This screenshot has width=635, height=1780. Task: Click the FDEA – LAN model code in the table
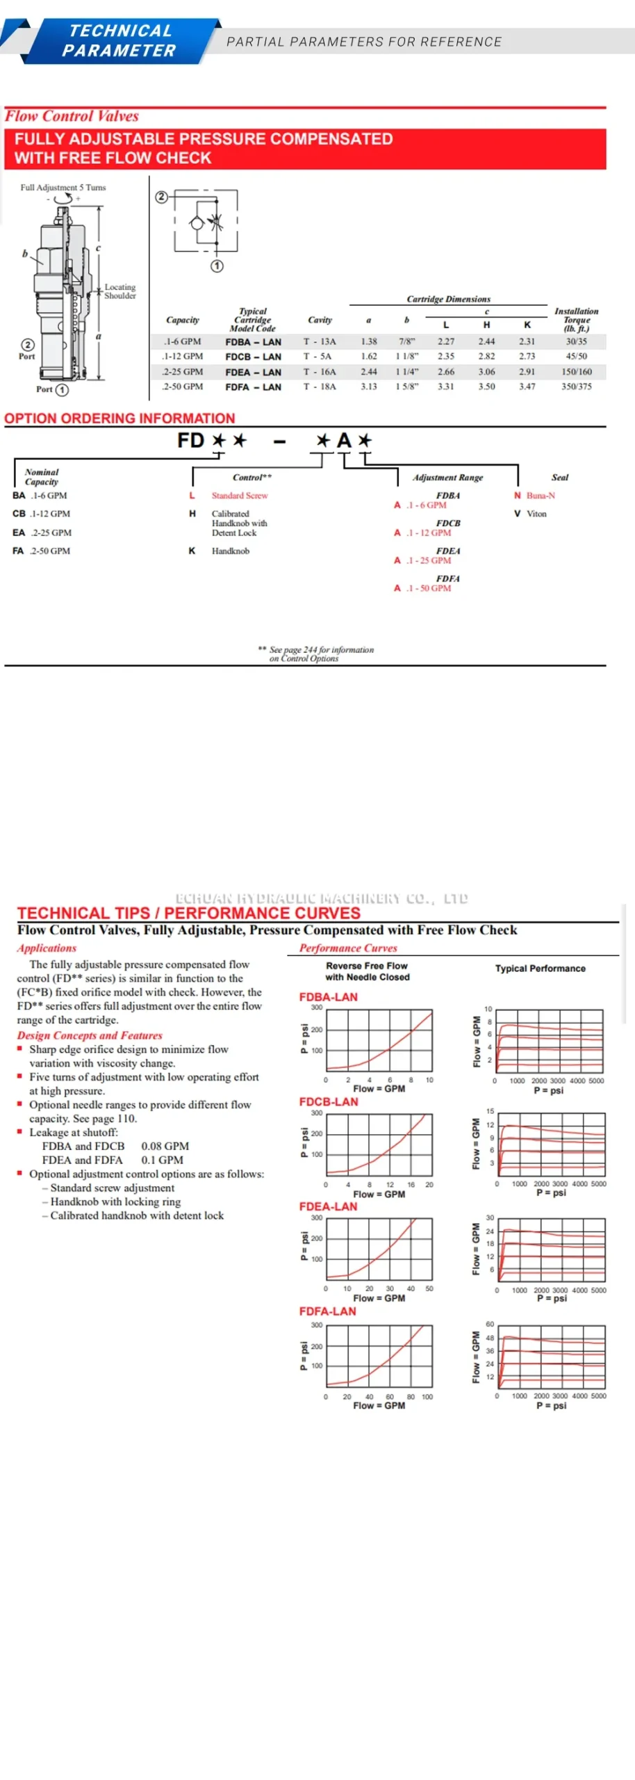click(x=253, y=372)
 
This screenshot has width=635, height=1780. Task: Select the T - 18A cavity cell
click(x=319, y=387)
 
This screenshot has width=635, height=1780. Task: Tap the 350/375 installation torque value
click(x=577, y=387)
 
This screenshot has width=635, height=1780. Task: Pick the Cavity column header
click(x=320, y=320)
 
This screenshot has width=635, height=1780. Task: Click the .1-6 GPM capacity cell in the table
click(x=182, y=341)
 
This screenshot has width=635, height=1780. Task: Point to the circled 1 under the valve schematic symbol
click(x=217, y=266)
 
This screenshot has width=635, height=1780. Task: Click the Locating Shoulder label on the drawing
click(x=120, y=291)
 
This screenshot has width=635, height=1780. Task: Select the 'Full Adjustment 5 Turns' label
click(x=63, y=188)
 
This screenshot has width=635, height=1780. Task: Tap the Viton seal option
click(x=536, y=514)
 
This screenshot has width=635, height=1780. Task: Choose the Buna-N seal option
click(x=541, y=496)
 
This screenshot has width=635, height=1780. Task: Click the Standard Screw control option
click(x=240, y=496)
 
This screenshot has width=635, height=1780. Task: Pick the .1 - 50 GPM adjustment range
click(x=429, y=588)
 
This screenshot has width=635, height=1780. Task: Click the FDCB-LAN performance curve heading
click(x=329, y=1102)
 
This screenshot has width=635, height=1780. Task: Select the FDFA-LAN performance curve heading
click(x=327, y=1311)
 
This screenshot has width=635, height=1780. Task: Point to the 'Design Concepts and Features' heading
click(x=90, y=1035)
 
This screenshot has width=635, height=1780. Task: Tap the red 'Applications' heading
click(x=47, y=948)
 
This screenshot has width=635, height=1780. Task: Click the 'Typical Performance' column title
click(x=540, y=969)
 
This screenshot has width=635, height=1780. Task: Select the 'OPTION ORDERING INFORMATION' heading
click(x=119, y=419)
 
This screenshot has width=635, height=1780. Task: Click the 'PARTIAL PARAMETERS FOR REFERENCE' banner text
click(x=364, y=42)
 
